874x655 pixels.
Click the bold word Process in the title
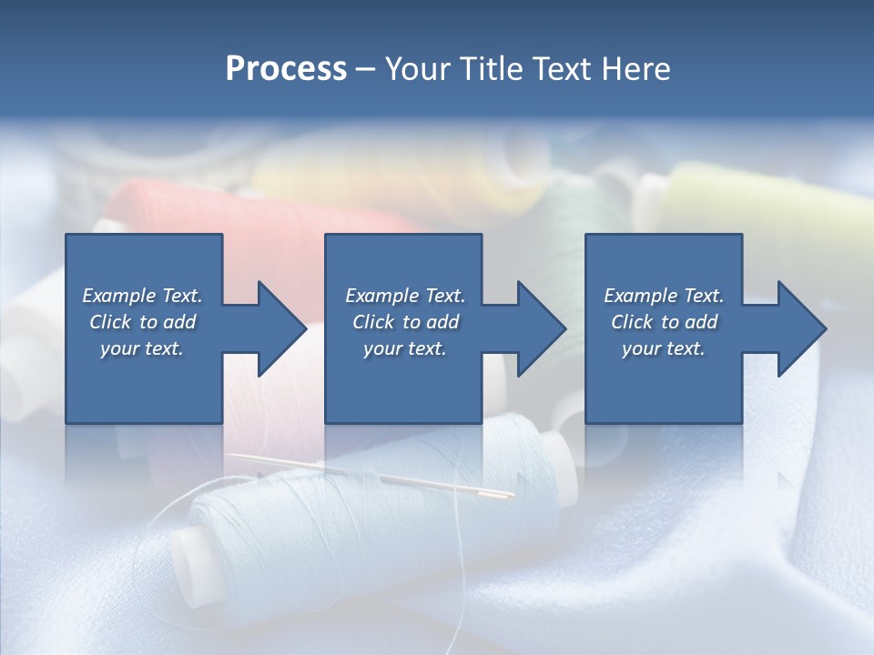pyautogui.click(x=286, y=69)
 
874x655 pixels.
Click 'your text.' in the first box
pyautogui.click(x=142, y=348)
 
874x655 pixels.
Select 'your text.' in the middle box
pyautogui.click(x=404, y=348)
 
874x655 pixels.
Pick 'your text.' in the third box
pyautogui.click(x=664, y=348)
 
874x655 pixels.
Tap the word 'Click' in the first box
pyautogui.click(x=110, y=322)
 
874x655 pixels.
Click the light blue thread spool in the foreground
pyautogui.click(x=382, y=509)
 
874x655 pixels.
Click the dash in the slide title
pyautogui.click(x=366, y=69)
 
